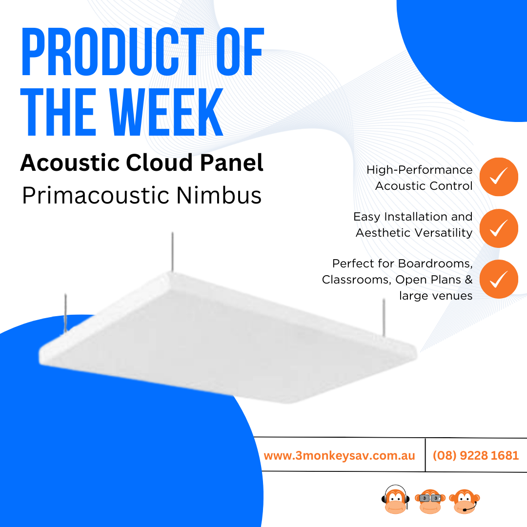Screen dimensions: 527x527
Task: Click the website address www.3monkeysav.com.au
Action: (340, 455)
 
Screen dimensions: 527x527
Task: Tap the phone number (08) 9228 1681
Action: (476, 455)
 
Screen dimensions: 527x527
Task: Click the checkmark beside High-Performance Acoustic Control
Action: (499, 177)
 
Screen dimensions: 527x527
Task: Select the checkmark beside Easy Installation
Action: (499, 228)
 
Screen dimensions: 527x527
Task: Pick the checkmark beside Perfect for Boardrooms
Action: (499, 279)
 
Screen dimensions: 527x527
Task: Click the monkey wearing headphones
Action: (395, 500)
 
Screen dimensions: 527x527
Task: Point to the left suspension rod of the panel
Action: (65, 313)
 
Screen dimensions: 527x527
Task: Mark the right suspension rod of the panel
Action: (384, 317)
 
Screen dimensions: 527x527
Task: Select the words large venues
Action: (436, 296)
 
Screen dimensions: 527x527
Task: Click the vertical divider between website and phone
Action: (425, 455)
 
